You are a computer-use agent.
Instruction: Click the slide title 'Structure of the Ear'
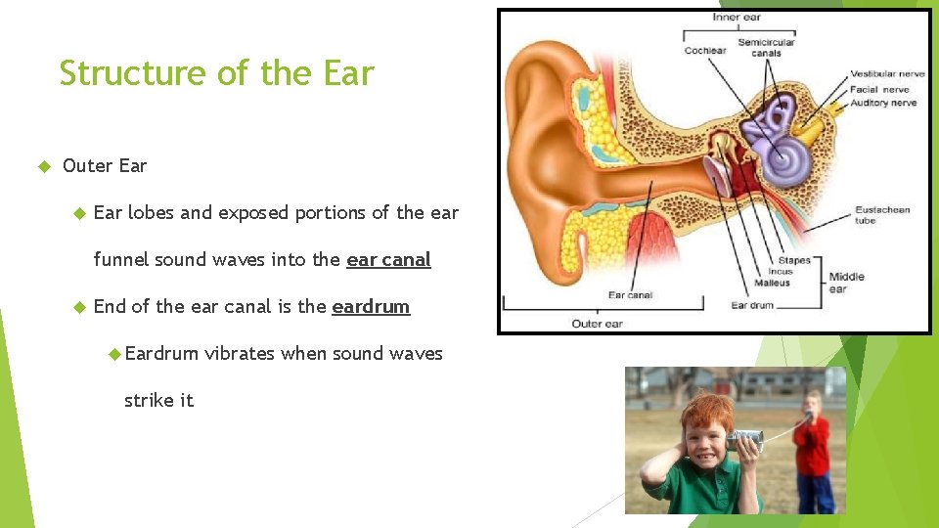pos(216,73)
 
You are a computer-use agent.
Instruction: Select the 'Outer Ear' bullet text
pos(105,165)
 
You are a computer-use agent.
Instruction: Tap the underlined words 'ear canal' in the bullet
pos(388,259)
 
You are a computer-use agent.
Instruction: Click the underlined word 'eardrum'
pos(371,306)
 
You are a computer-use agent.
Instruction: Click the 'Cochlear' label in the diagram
pos(704,50)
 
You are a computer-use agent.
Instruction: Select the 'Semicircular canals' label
pos(766,47)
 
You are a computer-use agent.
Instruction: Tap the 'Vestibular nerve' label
pos(886,74)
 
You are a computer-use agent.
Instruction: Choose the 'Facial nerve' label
pos(878,89)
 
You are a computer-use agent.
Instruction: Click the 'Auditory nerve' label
pos(882,102)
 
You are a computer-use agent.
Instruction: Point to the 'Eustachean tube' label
pos(881,215)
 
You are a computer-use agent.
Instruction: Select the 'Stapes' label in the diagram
pos(793,261)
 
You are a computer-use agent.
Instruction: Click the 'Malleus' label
pos(772,284)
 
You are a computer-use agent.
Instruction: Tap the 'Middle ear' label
pos(846,283)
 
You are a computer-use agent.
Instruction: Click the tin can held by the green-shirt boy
pos(745,441)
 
